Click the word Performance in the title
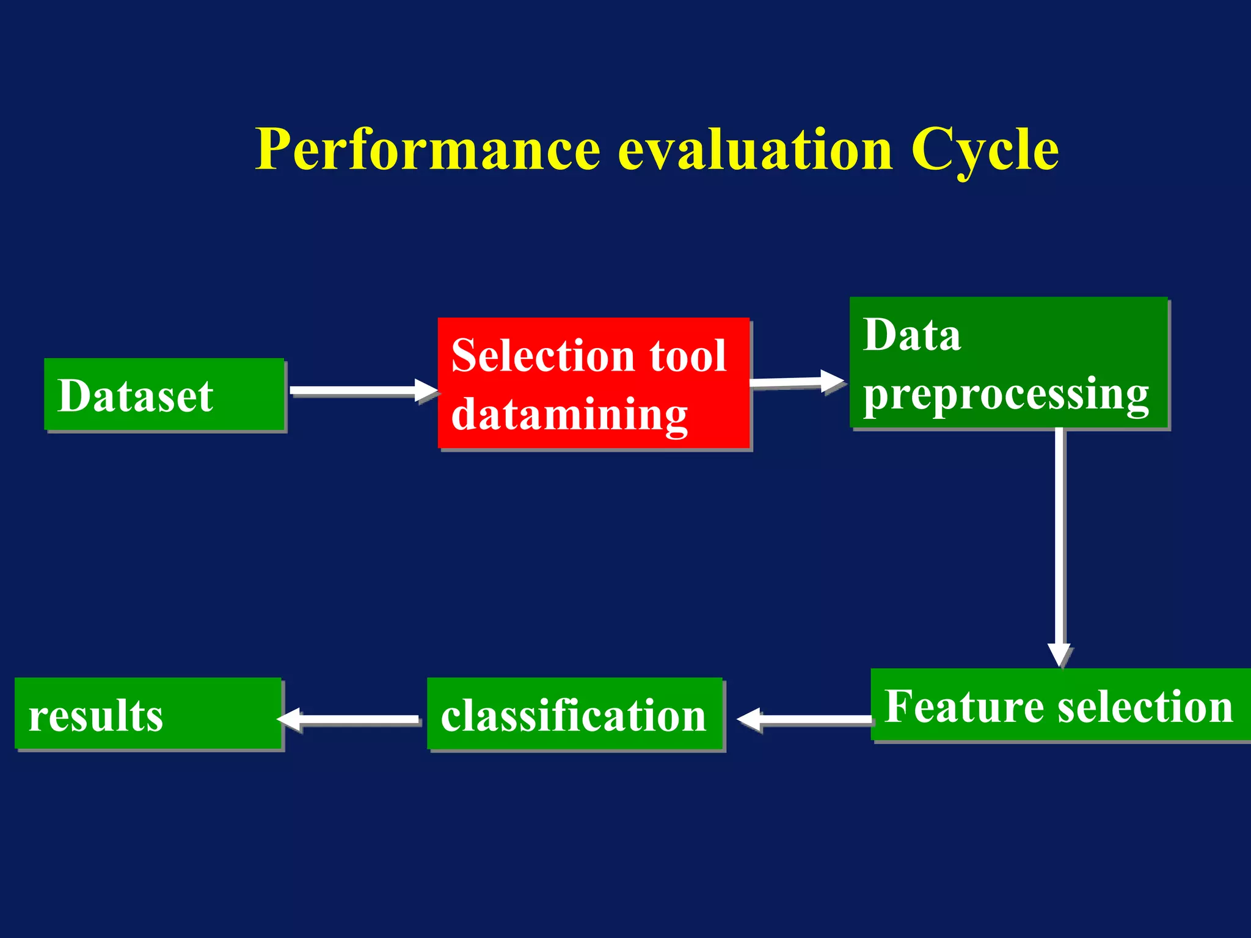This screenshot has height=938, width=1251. tap(428, 150)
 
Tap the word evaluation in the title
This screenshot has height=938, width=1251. tap(755, 150)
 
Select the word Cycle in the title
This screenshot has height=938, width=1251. tap(985, 150)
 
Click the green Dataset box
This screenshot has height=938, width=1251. tap(164, 395)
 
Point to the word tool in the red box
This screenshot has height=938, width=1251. tap(688, 355)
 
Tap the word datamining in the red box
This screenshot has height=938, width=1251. tap(569, 414)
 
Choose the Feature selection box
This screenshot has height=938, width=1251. tap(1060, 705)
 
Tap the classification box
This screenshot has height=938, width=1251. tap(574, 714)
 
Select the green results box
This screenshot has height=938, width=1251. tap(148, 713)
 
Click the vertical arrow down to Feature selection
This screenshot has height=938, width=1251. tap(1060, 544)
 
